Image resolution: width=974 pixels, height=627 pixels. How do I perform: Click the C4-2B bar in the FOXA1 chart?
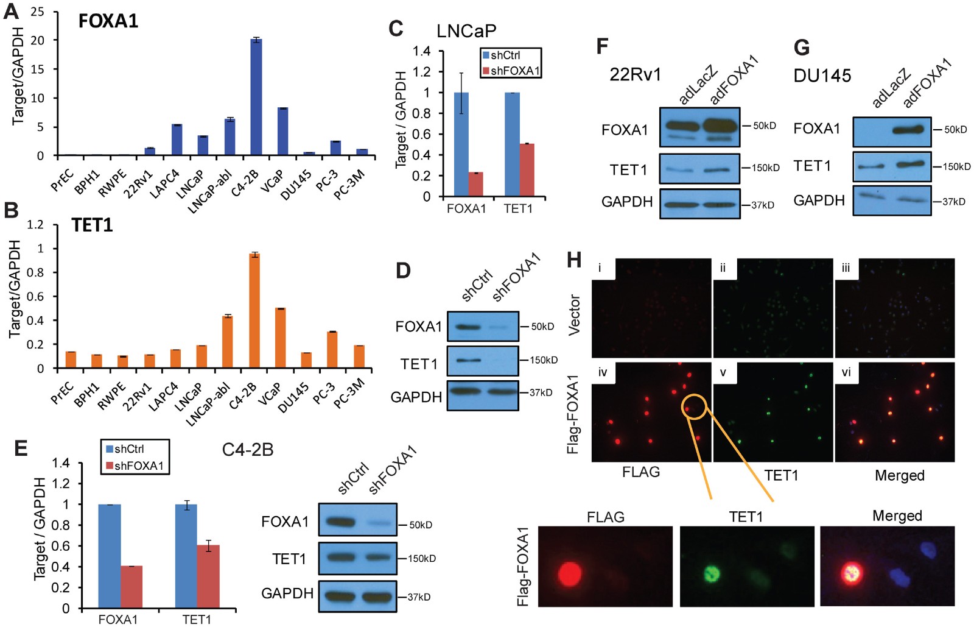click(256, 97)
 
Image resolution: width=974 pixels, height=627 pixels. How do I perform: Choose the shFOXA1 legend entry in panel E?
click(135, 466)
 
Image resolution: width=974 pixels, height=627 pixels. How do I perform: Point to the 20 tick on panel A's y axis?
click(38, 40)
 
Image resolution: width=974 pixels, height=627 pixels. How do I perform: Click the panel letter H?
click(574, 260)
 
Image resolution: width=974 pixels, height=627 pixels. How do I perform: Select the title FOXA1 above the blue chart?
click(108, 21)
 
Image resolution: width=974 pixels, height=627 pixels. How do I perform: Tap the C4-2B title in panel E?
click(247, 450)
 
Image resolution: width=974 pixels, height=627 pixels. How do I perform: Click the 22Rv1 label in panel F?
click(635, 74)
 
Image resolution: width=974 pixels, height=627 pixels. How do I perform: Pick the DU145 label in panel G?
click(822, 76)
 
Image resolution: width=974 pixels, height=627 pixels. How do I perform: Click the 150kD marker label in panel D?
click(543, 360)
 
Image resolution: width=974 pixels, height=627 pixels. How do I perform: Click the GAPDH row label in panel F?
click(626, 202)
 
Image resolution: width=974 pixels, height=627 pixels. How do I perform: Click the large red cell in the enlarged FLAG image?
click(570, 573)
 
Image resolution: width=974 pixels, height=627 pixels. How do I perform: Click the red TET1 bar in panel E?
click(208, 576)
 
